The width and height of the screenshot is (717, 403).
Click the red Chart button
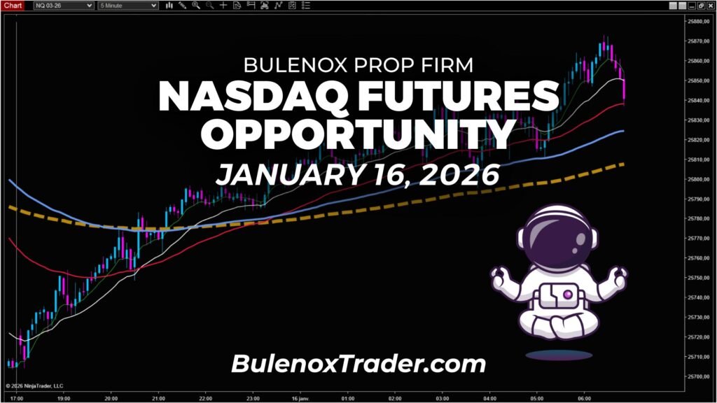point(13,5)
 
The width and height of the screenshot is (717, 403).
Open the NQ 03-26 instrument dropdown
point(64,6)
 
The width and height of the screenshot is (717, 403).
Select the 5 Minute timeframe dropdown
point(128,6)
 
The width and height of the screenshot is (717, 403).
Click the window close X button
point(710,6)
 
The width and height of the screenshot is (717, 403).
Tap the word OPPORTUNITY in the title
point(358,134)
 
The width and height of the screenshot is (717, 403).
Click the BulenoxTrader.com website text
point(358,363)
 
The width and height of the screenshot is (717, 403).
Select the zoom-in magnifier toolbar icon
point(196,6)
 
